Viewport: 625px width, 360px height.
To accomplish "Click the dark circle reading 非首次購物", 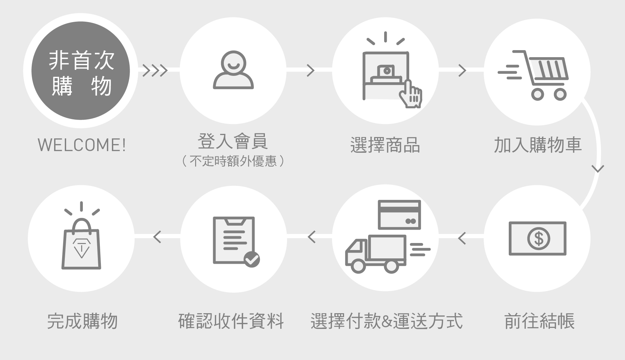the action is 81,71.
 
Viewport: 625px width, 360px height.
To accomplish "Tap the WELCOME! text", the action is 82,145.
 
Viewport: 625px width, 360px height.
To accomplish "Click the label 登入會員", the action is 233,141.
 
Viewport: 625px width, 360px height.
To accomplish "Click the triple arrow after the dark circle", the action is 155,71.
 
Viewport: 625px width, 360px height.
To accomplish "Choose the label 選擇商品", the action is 385,145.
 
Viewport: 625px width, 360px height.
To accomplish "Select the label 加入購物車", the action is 537,145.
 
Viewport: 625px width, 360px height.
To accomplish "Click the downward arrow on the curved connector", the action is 598,168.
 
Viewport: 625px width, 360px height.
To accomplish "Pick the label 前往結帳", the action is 539,321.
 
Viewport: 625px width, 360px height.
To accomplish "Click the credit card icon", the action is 399,215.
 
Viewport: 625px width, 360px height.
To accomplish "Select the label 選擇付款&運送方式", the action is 386,321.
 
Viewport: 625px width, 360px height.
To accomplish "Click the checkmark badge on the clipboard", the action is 252,259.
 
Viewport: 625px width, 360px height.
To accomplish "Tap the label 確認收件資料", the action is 231,321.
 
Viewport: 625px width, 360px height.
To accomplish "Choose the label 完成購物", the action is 82,321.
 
